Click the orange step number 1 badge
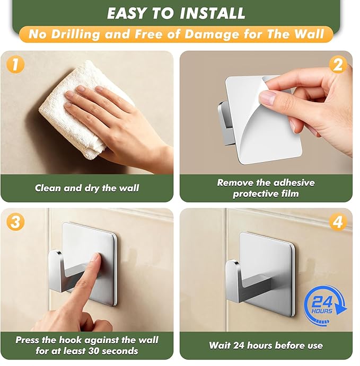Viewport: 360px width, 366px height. click(x=15, y=64)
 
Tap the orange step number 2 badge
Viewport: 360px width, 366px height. click(x=338, y=65)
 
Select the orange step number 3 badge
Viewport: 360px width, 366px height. click(x=15, y=222)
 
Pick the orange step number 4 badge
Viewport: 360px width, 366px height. click(x=338, y=222)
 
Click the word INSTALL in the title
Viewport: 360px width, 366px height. click(x=213, y=13)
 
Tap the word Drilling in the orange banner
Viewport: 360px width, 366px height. click(x=75, y=34)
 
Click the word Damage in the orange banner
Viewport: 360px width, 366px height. click(x=212, y=34)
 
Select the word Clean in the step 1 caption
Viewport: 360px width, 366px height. click(x=48, y=188)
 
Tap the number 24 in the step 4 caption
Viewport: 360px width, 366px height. click(x=239, y=345)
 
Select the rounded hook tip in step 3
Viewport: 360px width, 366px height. click(x=55, y=256)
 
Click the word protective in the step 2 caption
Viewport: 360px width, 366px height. click(x=252, y=194)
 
